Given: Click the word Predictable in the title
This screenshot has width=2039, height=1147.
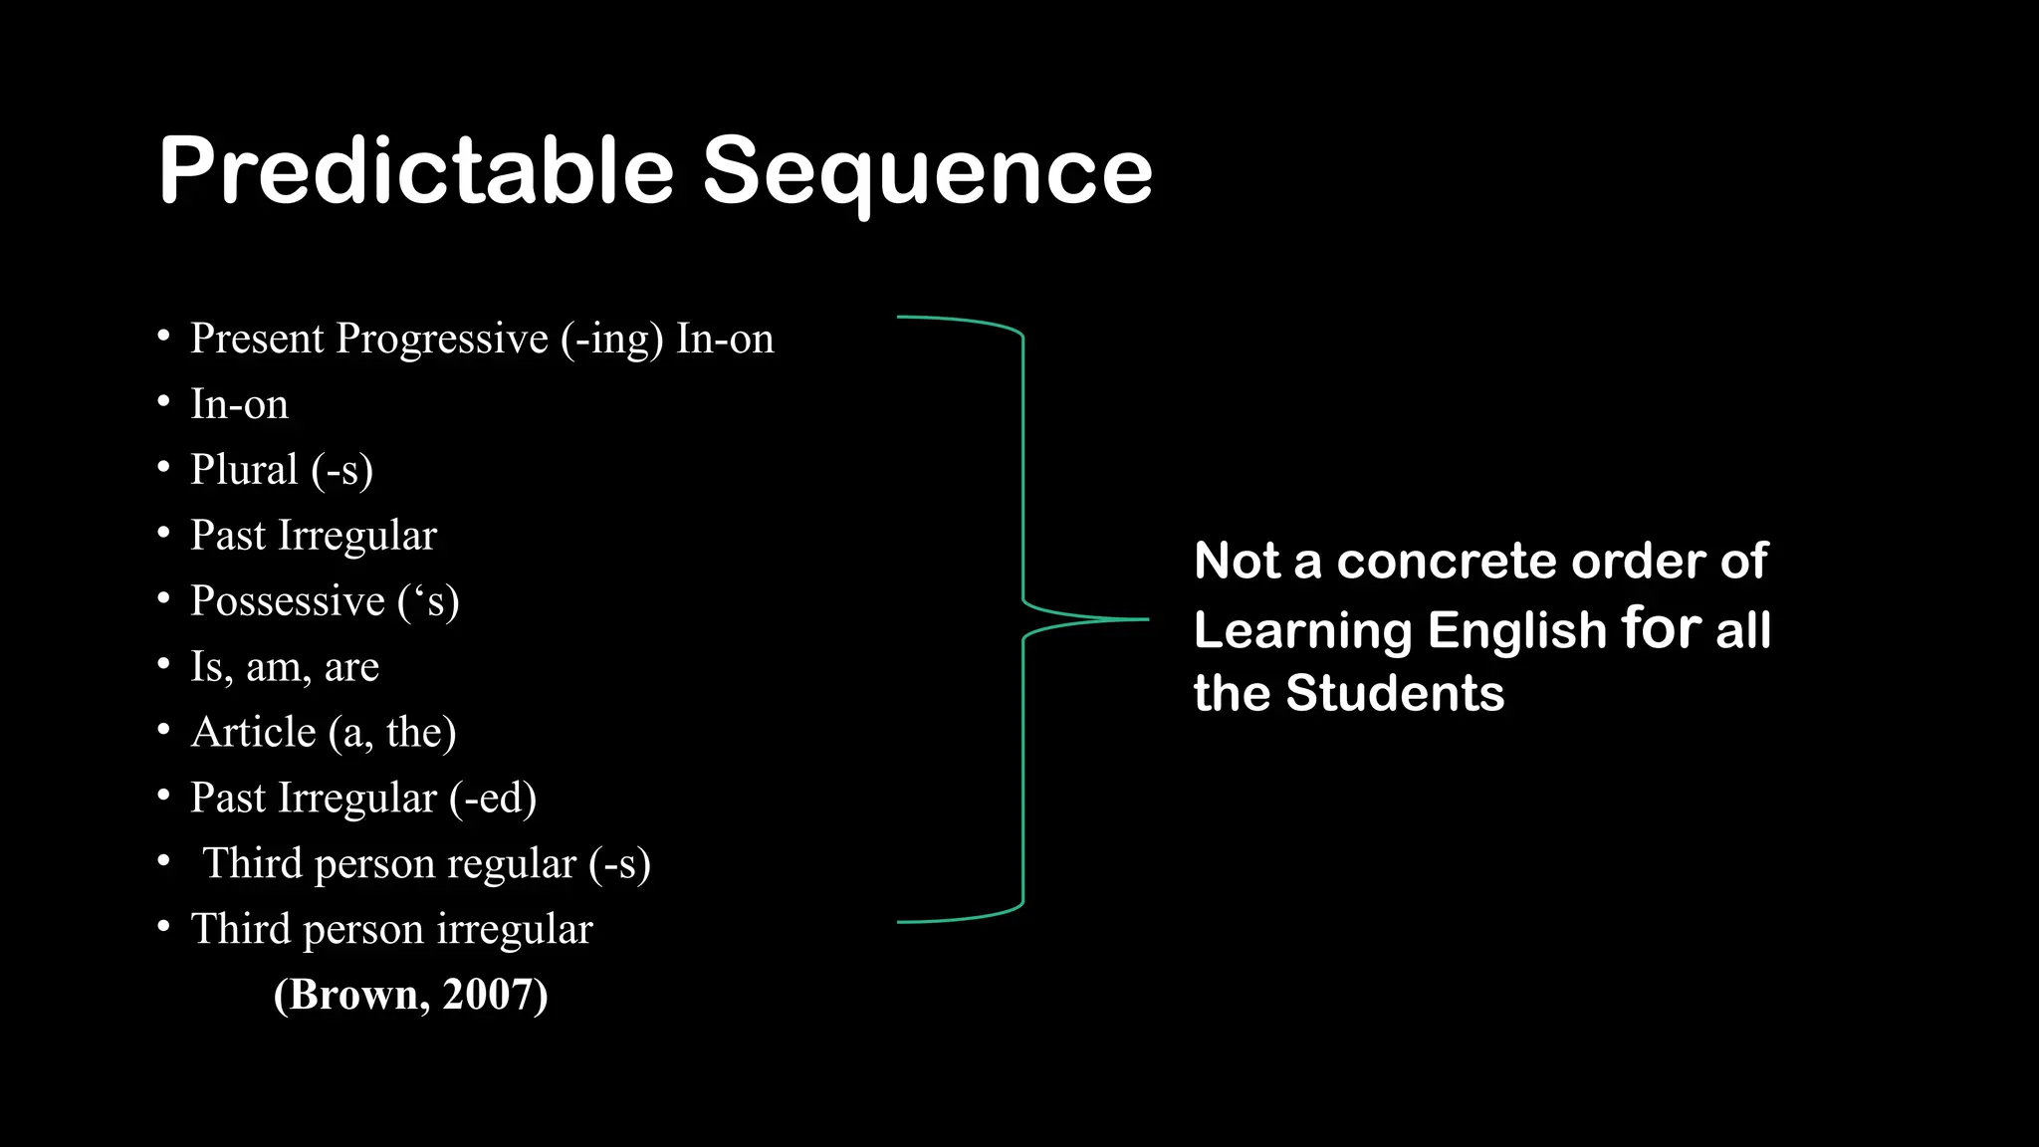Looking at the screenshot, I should point(416,171).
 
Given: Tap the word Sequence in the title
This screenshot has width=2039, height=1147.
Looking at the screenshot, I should point(927,171).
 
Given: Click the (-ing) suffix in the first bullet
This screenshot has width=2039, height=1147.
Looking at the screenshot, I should point(611,339).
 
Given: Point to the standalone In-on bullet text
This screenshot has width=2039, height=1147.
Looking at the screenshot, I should point(239,404).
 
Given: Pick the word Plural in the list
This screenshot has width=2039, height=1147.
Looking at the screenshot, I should point(244,470).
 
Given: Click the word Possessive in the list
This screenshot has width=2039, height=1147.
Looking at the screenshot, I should point(288,601).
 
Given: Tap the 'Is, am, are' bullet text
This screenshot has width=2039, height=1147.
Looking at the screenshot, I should point(285,667).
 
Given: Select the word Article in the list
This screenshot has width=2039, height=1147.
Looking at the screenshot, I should point(254,733).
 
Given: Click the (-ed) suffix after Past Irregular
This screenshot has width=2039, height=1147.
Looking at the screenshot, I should point(493,799).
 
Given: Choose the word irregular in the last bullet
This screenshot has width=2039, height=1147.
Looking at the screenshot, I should point(515,930).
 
